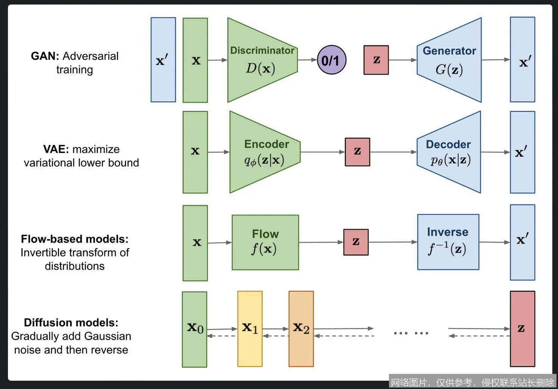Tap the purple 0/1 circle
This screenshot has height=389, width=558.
pyautogui.click(x=331, y=60)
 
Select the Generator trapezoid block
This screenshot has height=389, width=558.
pyautogui.click(x=450, y=60)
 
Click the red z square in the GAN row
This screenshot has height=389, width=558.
pyautogui.click(x=376, y=60)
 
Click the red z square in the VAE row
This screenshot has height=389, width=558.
pyautogui.click(x=357, y=152)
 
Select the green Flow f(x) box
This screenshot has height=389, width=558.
pyautogui.click(x=265, y=242)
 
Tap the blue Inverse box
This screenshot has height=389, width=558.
pyautogui.click(x=448, y=242)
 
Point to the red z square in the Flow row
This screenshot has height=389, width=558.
pyautogui.click(x=356, y=242)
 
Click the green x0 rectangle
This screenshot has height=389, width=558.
pyautogui.click(x=195, y=329)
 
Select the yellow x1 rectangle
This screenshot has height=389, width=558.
pyautogui.click(x=250, y=329)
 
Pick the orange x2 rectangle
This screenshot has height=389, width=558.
pyautogui.click(x=301, y=329)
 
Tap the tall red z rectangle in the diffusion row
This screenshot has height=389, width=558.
pyautogui.click(x=522, y=329)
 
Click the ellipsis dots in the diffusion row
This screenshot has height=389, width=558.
pyautogui.click(x=411, y=333)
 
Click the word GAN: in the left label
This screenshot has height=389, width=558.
pyautogui.click(x=45, y=56)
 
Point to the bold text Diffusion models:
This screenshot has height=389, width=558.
pyautogui.click(x=71, y=323)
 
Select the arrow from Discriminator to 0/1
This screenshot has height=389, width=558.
pyautogui.click(x=307, y=60)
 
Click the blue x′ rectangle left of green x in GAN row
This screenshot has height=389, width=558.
pyautogui.click(x=163, y=60)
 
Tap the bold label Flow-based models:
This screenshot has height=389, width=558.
pyautogui.click(x=74, y=239)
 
